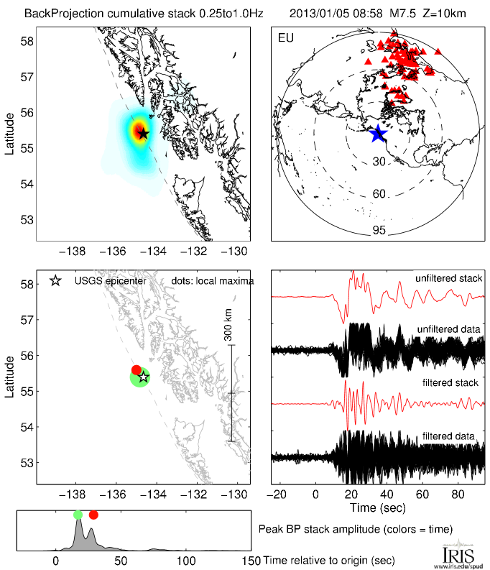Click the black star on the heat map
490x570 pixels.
click(143, 133)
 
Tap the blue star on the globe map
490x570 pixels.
click(378, 133)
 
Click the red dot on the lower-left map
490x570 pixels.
click(137, 369)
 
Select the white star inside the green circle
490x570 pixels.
click(143, 377)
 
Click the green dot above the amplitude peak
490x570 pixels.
click(78, 515)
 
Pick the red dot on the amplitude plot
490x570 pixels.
click(93, 515)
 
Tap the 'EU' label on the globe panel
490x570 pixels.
click(285, 37)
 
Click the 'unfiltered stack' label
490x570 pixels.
click(448, 278)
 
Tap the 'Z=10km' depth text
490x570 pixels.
click(433, 13)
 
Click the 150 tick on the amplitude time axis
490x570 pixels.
click(251, 561)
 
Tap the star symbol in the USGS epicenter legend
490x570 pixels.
click(55, 280)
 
